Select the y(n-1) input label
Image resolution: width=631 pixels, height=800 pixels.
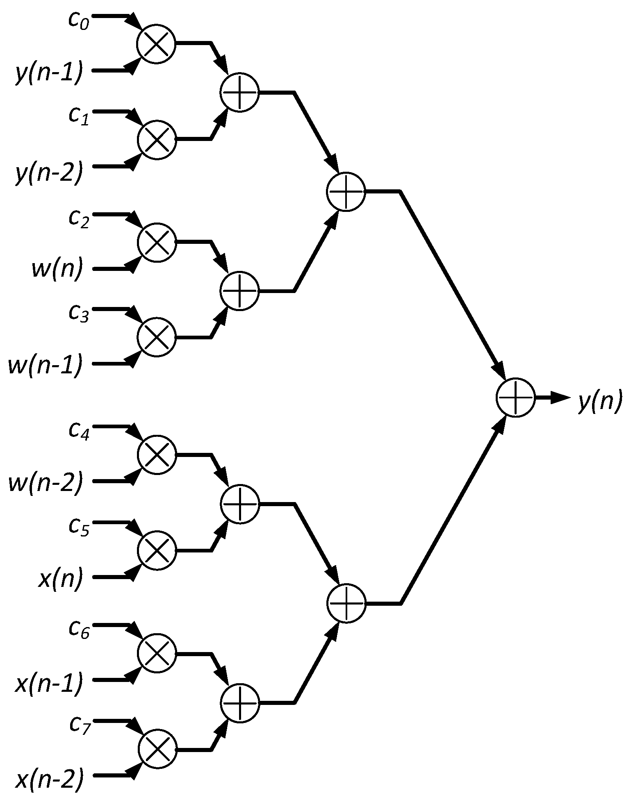49,73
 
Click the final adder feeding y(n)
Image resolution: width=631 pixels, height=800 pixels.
515,397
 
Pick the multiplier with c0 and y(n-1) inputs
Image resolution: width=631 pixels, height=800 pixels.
156,43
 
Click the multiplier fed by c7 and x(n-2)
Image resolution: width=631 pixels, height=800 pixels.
157,748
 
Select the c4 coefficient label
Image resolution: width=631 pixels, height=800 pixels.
79,431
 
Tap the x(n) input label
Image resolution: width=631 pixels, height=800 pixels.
60,579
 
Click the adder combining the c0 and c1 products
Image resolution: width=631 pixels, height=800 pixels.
239,93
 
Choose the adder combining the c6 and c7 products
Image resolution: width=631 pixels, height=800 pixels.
239,702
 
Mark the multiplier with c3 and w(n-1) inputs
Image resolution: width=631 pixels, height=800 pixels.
157,337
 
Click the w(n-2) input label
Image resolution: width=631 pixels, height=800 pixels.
46,482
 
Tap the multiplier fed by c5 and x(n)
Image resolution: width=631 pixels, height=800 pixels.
157,550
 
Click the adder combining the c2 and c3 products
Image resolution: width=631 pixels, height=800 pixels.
239,290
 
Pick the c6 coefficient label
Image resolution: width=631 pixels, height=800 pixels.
79,628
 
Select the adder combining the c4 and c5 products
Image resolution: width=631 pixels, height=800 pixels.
239,504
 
